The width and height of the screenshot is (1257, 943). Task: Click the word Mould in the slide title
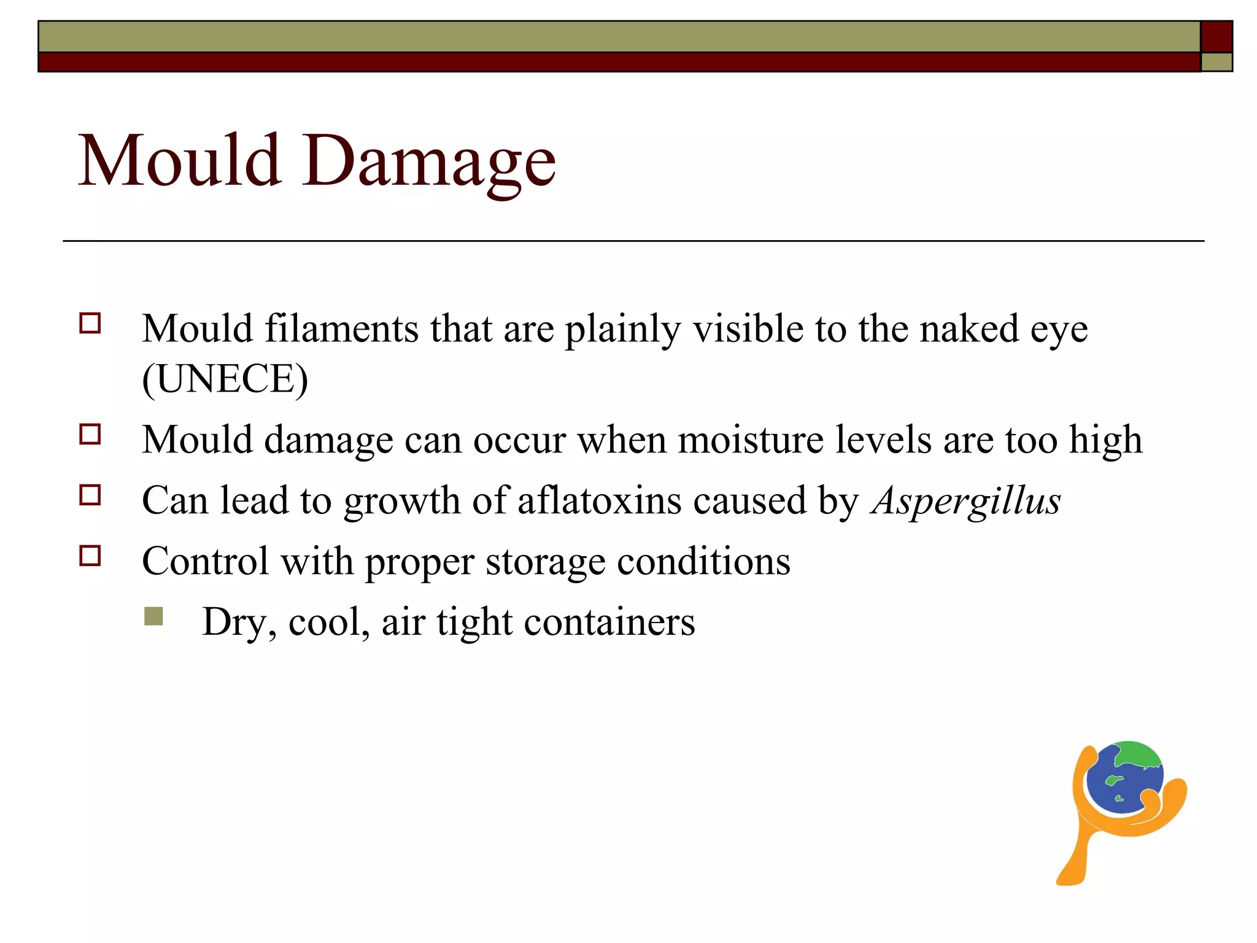pos(180,161)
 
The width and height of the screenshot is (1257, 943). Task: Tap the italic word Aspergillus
pos(966,501)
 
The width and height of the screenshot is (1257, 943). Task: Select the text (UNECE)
pos(225,379)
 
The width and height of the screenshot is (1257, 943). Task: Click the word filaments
pos(341,328)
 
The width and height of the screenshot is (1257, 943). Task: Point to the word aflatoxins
pos(599,500)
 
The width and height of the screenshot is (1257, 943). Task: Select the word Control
pos(205,561)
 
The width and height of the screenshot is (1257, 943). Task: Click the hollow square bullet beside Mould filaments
pos(90,323)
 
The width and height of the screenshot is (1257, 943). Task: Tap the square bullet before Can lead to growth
pos(90,495)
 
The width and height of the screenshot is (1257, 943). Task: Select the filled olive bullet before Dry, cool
pos(153,616)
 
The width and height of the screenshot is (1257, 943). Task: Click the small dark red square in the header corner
pos(1216,37)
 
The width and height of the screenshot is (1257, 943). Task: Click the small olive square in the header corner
pos(1216,62)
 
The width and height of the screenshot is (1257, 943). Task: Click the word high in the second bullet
pos(1105,440)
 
